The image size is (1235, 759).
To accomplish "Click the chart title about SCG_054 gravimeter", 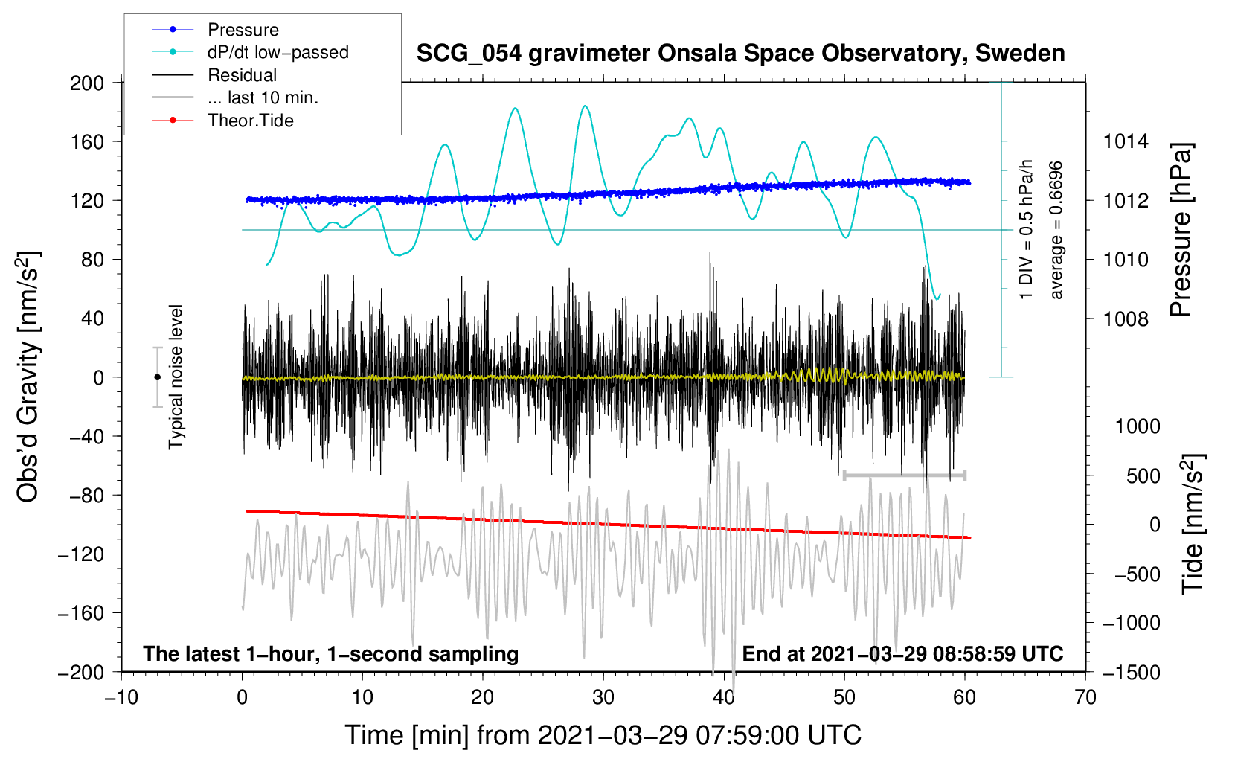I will [740, 54].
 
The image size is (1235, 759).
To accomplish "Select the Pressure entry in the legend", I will [243, 30].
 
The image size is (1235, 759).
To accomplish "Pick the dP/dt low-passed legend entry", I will [278, 52].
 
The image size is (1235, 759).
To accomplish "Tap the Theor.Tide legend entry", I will [250, 121].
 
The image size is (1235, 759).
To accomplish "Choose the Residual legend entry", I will [242, 75].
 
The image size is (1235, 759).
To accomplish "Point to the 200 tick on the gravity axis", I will [87, 83].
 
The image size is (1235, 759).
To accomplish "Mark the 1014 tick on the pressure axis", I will [1126, 141].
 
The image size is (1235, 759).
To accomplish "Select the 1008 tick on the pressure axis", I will [1126, 319].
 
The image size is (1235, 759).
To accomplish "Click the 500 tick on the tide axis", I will [1143, 476].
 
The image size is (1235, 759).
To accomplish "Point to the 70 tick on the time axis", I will [1085, 697].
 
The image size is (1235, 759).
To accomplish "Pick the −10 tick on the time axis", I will [121, 697].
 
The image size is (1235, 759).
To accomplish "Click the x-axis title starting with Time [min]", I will [603, 735].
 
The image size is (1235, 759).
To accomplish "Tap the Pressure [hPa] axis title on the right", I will [1181, 231].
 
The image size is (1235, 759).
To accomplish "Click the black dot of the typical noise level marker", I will [157, 377].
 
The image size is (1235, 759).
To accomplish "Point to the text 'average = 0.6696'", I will [1056, 231].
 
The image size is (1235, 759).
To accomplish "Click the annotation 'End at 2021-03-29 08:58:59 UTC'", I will [902, 654].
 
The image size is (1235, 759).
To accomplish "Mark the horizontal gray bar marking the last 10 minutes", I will [904, 475].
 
